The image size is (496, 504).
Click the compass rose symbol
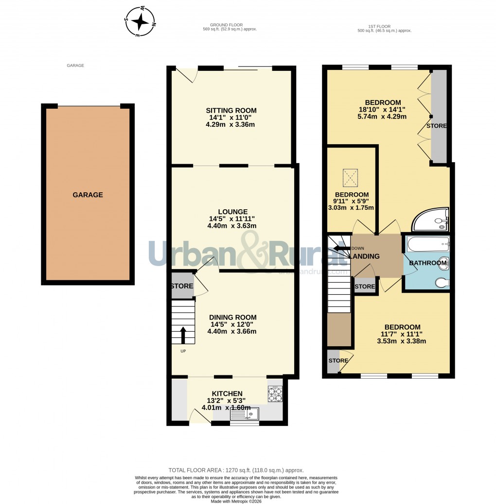[x=141, y=22]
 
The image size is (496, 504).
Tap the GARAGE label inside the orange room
[x=88, y=195]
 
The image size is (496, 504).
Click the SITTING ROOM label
[x=231, y=111]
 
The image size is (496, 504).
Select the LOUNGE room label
[x=232, y=212]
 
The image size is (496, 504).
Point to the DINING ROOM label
[x=231, y=318]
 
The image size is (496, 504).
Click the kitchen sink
[x=245, y=414]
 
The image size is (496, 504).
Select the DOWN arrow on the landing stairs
[x=342, y=248]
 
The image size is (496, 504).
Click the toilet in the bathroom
[x=442, y=282]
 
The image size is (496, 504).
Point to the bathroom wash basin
[x=443, y=263]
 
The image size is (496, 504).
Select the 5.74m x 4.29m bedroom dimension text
[x=383, y=117]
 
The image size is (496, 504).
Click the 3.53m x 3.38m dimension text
[x=402, y=341]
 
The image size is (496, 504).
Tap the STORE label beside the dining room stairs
[x=182, y=286]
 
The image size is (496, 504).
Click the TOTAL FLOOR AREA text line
[x=236, y=470]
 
